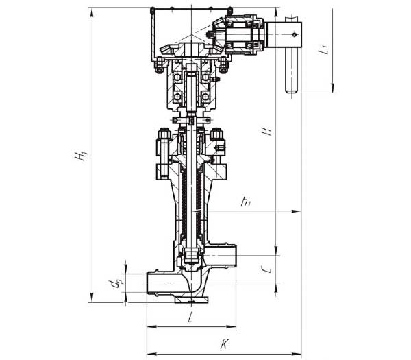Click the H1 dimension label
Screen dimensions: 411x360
pos(80,155)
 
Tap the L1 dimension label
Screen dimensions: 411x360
pos(323,49)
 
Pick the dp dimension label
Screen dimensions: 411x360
pos(116,284)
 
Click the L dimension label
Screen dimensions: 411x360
pos(190,318)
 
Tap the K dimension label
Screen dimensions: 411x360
pos(225,344)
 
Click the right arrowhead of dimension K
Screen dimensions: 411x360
pos(297,354)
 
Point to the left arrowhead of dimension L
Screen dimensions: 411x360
pos(152,326)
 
